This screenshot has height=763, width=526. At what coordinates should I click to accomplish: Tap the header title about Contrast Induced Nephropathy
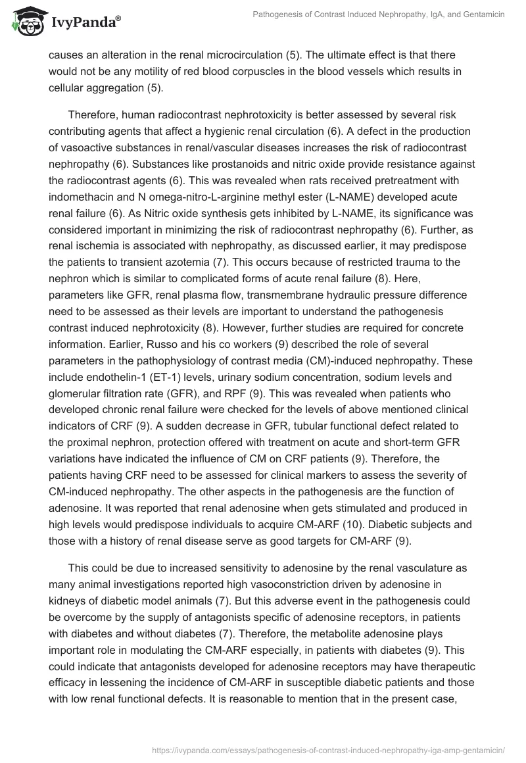click(x=379, y=14)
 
